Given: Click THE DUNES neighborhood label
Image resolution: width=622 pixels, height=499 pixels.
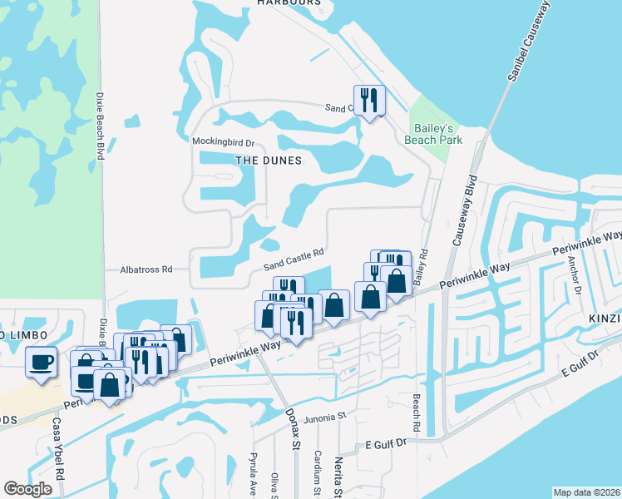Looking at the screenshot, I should [x=268, y=159].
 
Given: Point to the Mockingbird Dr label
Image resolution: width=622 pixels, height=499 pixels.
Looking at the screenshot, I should [x=222, y=141].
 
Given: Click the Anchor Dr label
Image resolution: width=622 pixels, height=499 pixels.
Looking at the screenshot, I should [x=573, y=273].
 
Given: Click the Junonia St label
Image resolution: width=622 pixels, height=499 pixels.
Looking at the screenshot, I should [x=323, y=418].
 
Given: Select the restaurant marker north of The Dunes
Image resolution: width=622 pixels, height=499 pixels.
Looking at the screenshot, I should [x=368, y=100].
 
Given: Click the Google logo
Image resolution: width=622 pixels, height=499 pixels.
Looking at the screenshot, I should [x=28, y=488].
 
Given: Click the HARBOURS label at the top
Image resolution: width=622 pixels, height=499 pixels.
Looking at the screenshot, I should [x=289, y=3].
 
